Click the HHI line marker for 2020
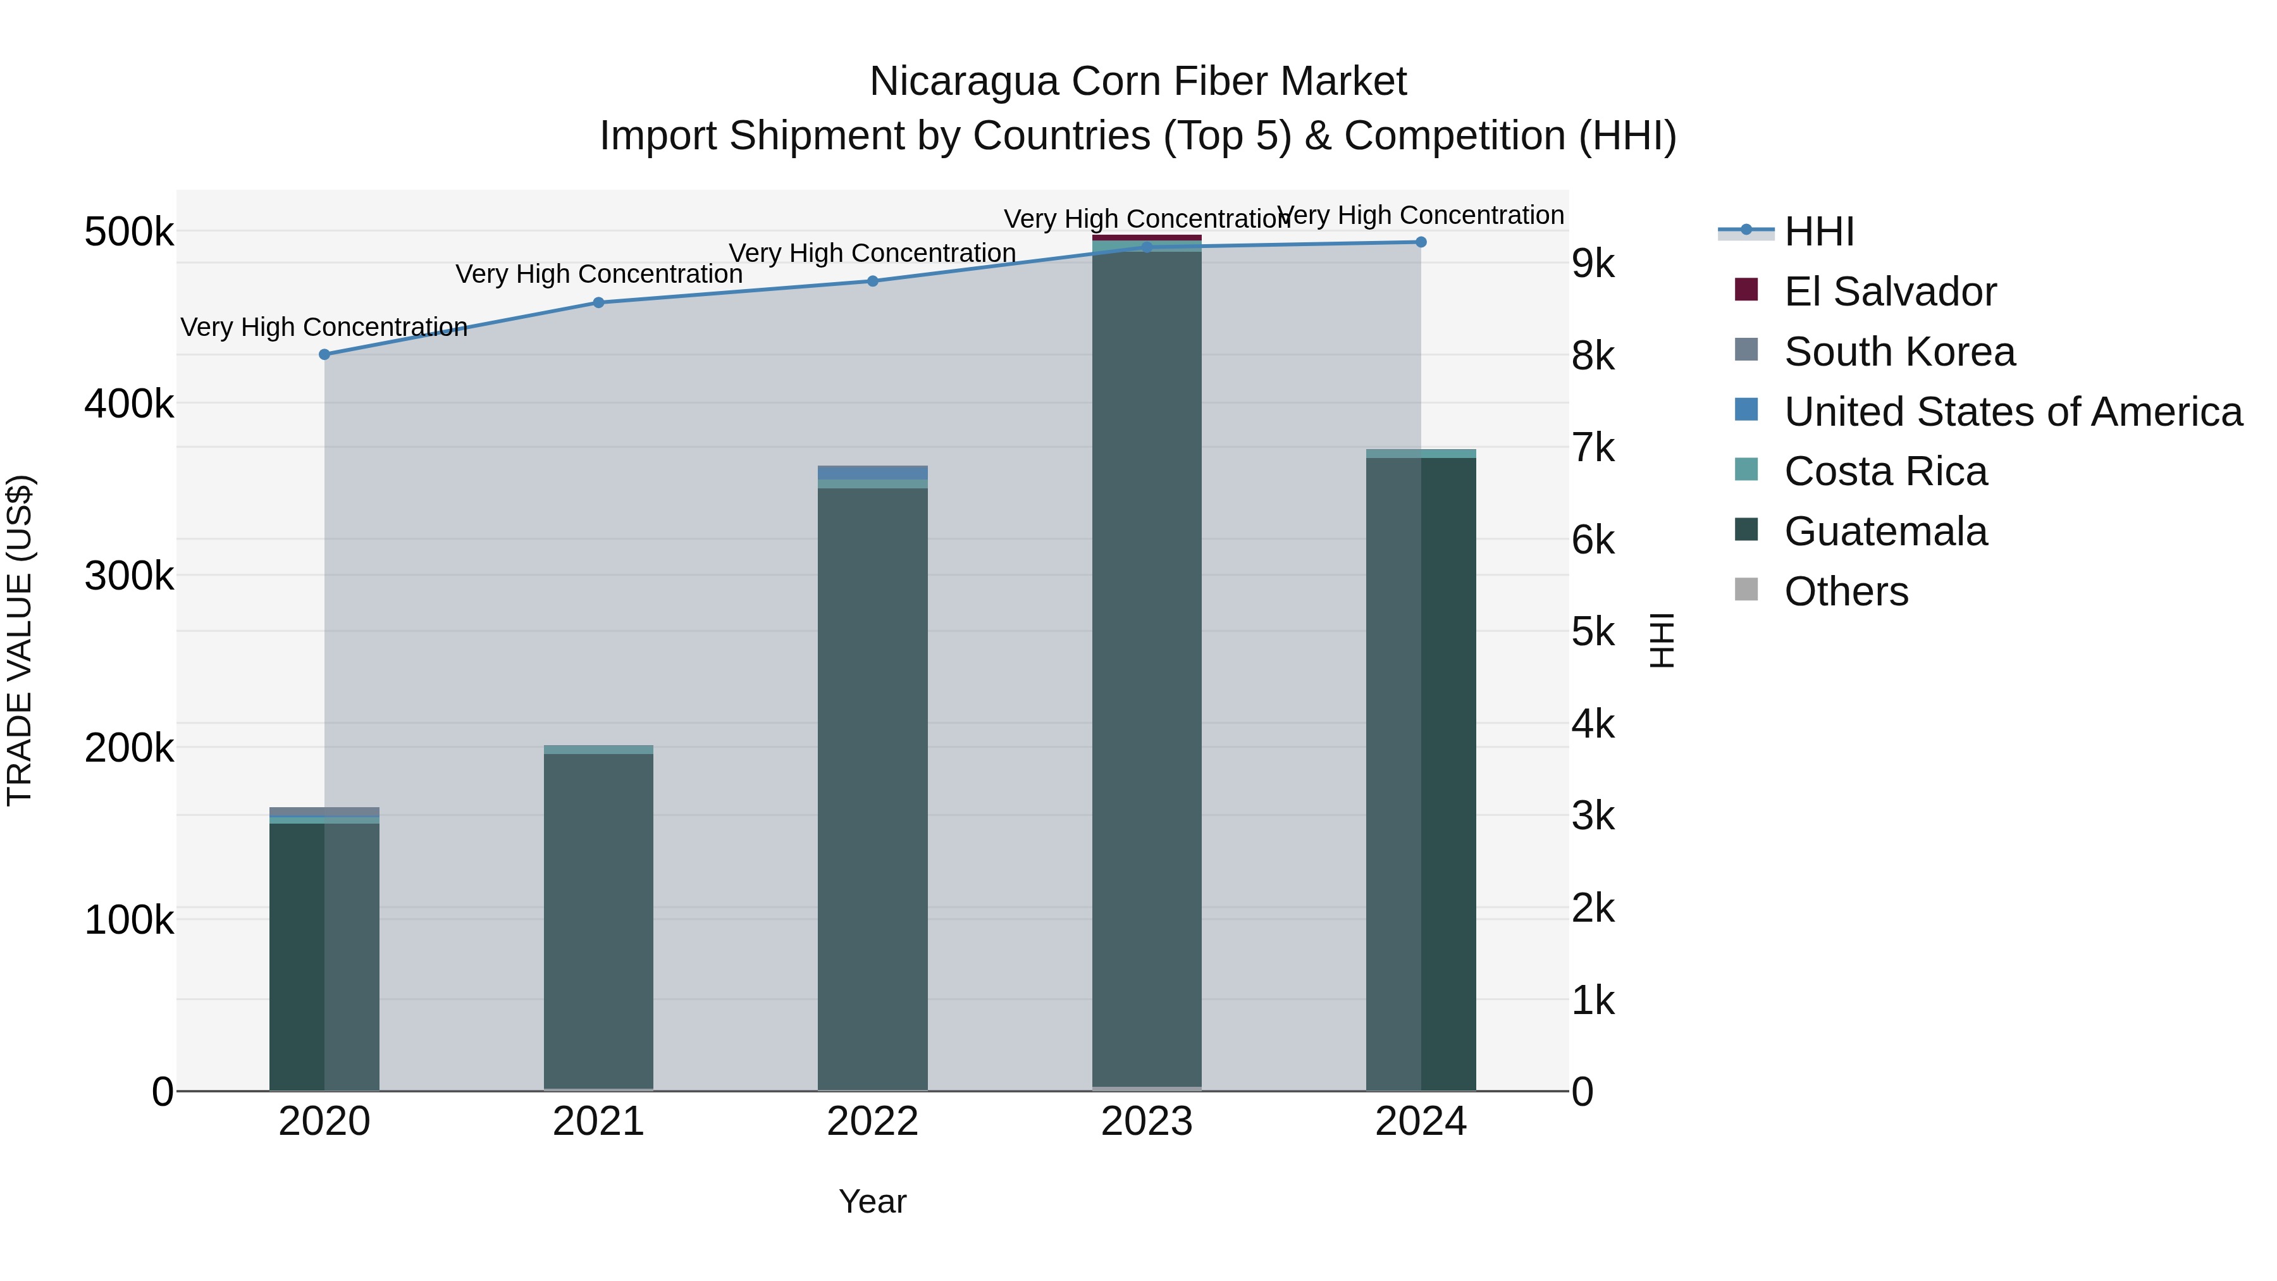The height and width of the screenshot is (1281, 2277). pyautogui.click(x=324, y=354)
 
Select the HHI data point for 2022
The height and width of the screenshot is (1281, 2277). pyautogui.click(x=872, y=281)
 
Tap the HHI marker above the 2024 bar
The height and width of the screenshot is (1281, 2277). pyautogui.click(x=1421, y=242)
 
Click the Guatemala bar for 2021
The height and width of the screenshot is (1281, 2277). pyautogui.click(x=598, y=919)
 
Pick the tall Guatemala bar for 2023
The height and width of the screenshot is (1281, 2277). pyautogui.click(x=1147, y=672)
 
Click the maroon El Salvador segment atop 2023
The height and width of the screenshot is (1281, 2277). pyautogui.click(x=1147, y=238)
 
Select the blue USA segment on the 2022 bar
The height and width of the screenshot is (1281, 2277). pyautogui.click(x=872, y=473)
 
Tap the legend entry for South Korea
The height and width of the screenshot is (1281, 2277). pyautogui.click(x=1899, y=352)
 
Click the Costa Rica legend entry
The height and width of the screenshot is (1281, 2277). pyautogui.click(x=1885, y=471)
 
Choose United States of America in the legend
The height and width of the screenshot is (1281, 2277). pyautogui.click(x=2012, y=412)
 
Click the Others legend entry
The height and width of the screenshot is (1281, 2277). pyautogui.click(x=1846, y=591)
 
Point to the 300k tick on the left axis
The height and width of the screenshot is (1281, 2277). pyautogui.click(x=129, y=576)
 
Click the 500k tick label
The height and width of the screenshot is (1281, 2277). pyautogui.click(x=129, y=233)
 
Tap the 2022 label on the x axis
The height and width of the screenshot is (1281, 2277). pyautogui.click(x=872, y=1122)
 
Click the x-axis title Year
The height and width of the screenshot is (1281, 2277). pyautogui.click(x=872, y=1201)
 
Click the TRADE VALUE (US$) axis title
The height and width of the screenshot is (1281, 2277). pyautogui.click(x=20, y=640)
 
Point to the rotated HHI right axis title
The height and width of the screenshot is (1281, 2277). pyautogui.click(x=1662, y=640)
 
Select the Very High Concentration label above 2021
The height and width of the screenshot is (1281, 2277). pyautogui.click(x=598, y=274)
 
